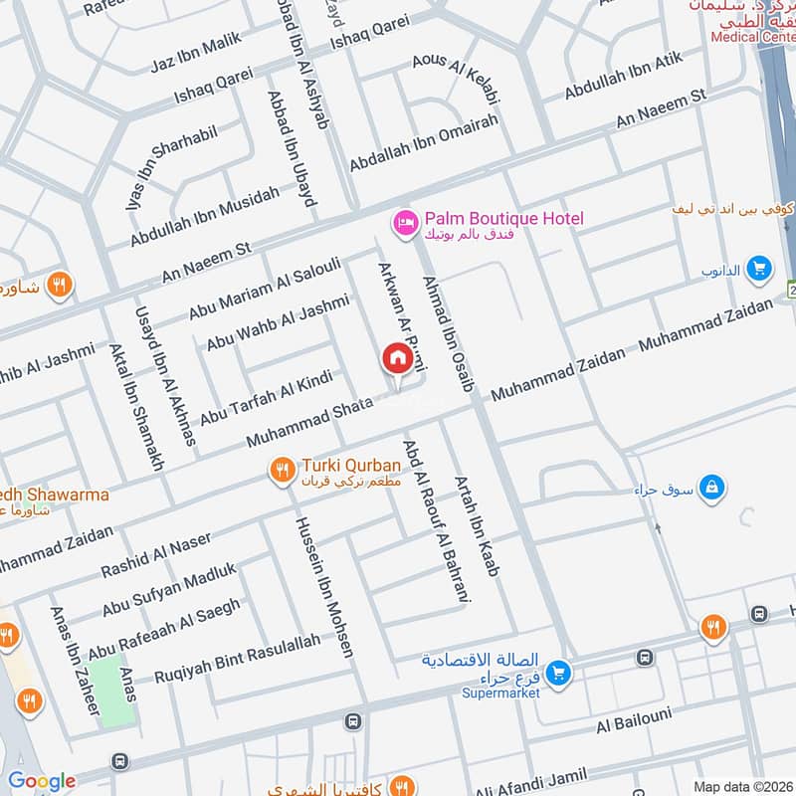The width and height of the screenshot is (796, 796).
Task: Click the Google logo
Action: pyautogui.click(x=42, y=781)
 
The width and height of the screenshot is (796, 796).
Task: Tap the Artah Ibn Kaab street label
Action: pyautogui.click(x=477, y=527)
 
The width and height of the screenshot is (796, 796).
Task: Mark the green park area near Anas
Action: pyautogui.click(x=114, y=692)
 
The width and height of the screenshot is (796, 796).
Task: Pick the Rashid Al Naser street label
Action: pyautogui.click(x=156, y=555)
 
